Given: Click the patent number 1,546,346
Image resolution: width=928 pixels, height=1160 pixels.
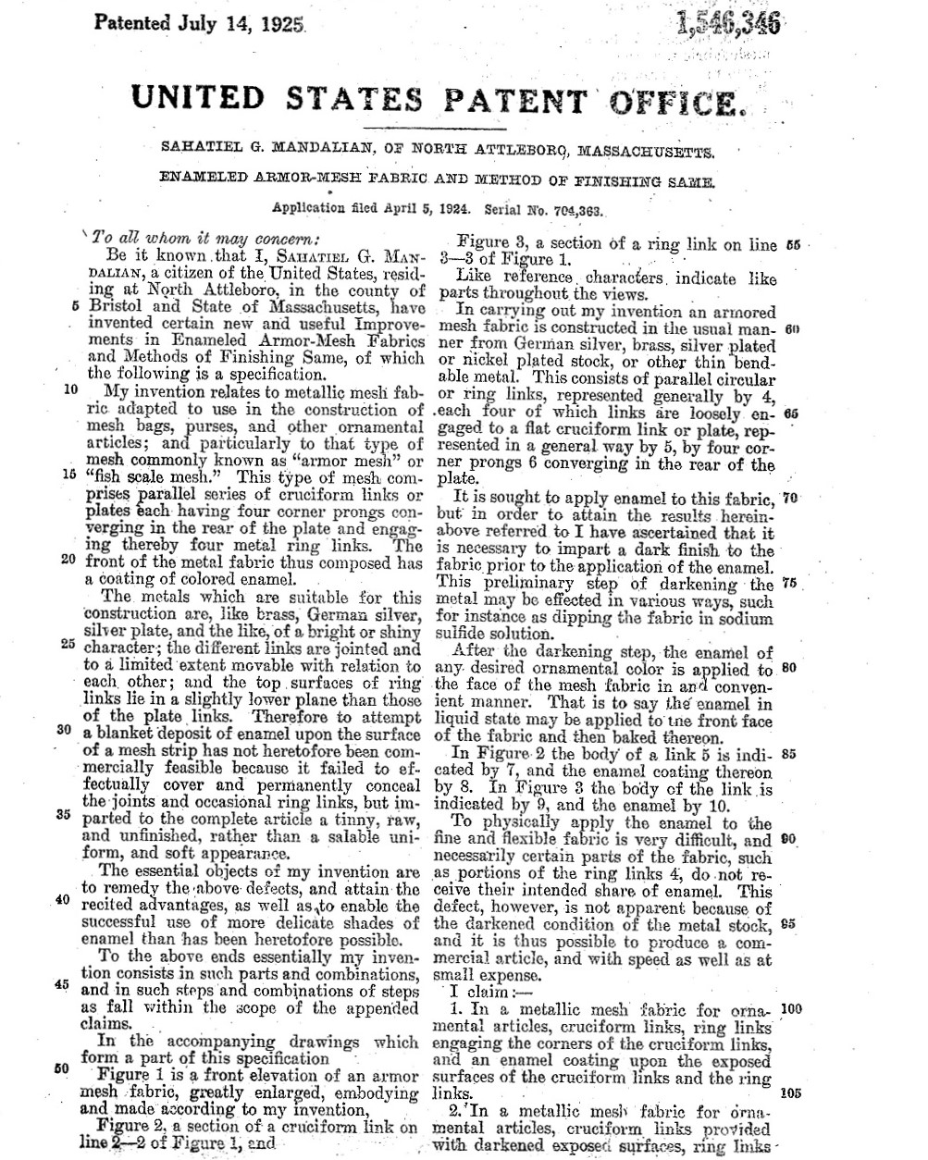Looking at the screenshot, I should tap(729, 23).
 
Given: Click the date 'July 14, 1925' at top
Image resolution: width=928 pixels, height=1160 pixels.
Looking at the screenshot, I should tap(237, 22).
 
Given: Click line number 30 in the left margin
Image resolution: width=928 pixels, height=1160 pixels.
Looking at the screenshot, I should tap(65, 730).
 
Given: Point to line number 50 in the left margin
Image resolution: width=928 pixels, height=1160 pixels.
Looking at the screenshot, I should tap(63, 1068).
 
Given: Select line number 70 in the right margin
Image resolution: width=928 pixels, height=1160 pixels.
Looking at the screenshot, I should tap(789, 498).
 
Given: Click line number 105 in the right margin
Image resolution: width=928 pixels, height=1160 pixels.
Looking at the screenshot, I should tap(791, 1092).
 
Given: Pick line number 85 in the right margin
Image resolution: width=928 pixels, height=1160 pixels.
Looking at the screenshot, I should tap(790, 753).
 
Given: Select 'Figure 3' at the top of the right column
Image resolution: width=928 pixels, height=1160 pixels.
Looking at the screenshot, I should tap(490, 244).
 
